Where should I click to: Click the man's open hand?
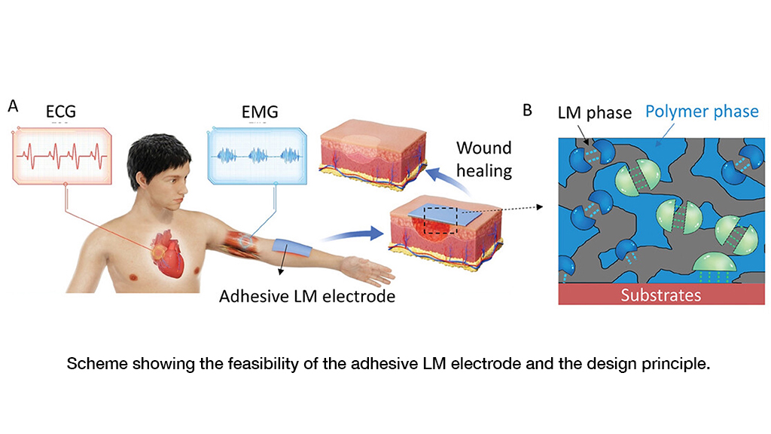point(364,267)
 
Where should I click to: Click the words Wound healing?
point(483,159)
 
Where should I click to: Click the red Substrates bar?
point(660,295)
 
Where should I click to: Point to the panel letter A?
point(13,106)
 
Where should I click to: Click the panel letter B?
point(527,110)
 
